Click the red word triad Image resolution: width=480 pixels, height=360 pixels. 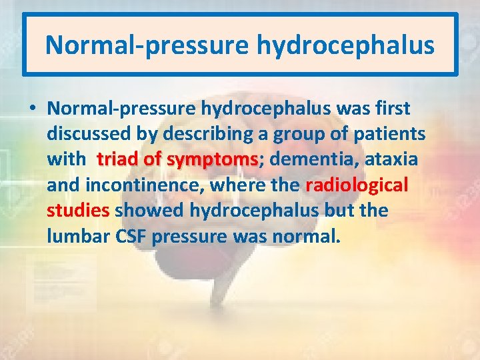(x=117, y=159)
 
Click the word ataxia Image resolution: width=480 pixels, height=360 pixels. (x=394, y=159)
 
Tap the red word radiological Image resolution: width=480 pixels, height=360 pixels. (x=357, y=185)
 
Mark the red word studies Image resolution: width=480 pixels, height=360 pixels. (x=78, y=210)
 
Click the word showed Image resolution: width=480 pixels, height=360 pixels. (x=150, y=210)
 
